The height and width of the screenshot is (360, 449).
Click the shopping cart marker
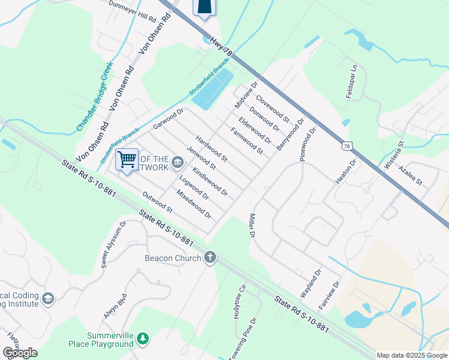click(127, 160)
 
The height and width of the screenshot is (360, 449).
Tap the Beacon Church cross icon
click(210, 258)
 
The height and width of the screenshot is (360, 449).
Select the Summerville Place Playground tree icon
click(143, 340)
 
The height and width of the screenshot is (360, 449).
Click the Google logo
click(20, 352)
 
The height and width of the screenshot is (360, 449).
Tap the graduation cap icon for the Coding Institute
click(49, 298)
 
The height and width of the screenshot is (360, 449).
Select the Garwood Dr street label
click(167, 118)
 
